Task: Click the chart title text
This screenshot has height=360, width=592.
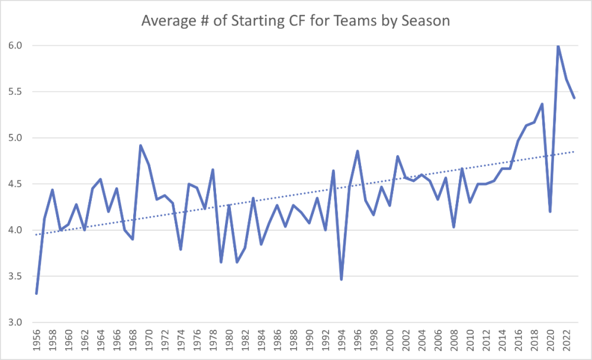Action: (x=296, y=21)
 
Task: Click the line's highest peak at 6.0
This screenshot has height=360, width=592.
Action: (x=558, y=46)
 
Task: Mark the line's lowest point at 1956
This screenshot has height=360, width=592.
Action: (x=37, y=293)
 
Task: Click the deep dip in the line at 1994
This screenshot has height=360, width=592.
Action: (x=342, y=279)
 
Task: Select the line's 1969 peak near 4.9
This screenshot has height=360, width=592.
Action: (x=140, y=145)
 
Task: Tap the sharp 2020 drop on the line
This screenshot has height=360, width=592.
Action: (x=551, y=211)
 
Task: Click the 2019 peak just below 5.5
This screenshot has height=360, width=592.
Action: (x=542, y=104)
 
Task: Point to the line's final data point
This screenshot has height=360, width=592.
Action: (x=574, y=98)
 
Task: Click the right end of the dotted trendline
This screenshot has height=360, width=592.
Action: (x=574, y=152)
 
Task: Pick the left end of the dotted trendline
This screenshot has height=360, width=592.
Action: (x=37, y=234)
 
